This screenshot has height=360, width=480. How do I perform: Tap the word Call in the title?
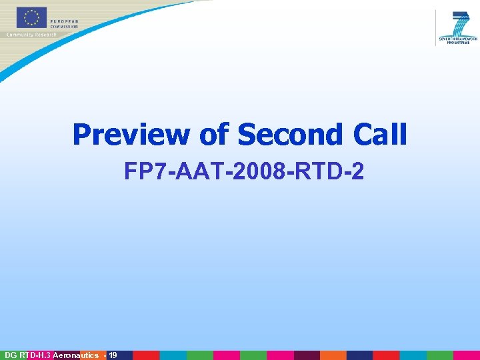point(379,135)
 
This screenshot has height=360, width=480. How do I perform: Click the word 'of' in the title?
point(213,135)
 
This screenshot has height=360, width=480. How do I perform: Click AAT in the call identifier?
point(191,173)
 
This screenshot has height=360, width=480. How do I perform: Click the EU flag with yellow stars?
point(31,18)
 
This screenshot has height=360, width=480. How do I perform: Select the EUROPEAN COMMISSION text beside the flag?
point(64,23)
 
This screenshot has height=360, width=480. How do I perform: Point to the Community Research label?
point(31,34)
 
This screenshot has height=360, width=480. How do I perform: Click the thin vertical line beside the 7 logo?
point(436,27)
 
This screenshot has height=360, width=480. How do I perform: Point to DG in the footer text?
point(10,355)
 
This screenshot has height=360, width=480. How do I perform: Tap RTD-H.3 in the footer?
point(34,355)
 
